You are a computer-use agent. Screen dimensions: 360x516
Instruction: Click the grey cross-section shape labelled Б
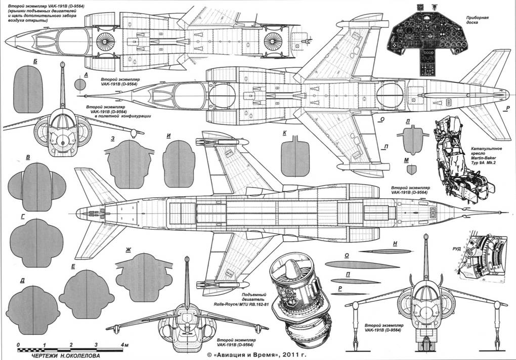[x=28, y=90]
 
